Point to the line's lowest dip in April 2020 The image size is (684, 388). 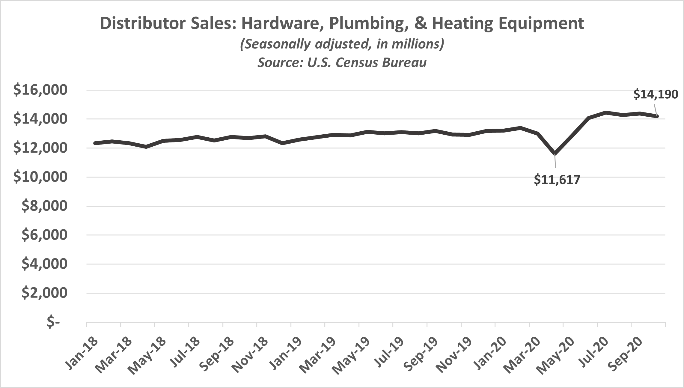pyautogui.click(x=555, y=154)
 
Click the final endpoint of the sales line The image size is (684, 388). pyautogui.click(x=657, y=116)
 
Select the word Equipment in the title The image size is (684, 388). pyautogui.click(x=537, y=24)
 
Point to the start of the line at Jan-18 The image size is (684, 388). pyautogui.click(x=95, y=143)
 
